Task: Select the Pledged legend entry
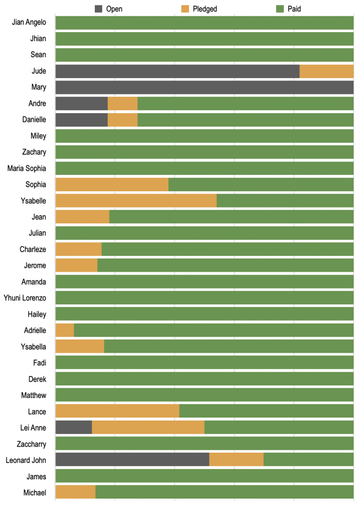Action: pos(199,9)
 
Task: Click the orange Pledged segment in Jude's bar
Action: pos(326,71)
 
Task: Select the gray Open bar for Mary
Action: pos(204,87)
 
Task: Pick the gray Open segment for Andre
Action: pos(81,104)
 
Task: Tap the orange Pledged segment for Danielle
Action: pos(122,120)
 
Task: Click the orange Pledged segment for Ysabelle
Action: pos(136,201)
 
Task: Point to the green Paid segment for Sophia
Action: pos(261,185)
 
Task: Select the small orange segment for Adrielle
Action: pos(65,330)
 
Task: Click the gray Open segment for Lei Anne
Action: pos(74,427)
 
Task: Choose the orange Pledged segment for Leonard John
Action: pos(237,460)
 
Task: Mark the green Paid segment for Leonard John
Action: pos(309,460)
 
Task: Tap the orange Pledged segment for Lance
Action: pos(117,411)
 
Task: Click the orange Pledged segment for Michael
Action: pos(76,492)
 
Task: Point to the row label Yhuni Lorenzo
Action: pos(25,298)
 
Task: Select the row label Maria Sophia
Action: pos(27,169)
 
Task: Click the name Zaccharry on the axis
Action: pos(32,444)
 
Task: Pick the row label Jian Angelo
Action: pos(29,23)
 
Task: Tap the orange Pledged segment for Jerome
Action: pos(77,265)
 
